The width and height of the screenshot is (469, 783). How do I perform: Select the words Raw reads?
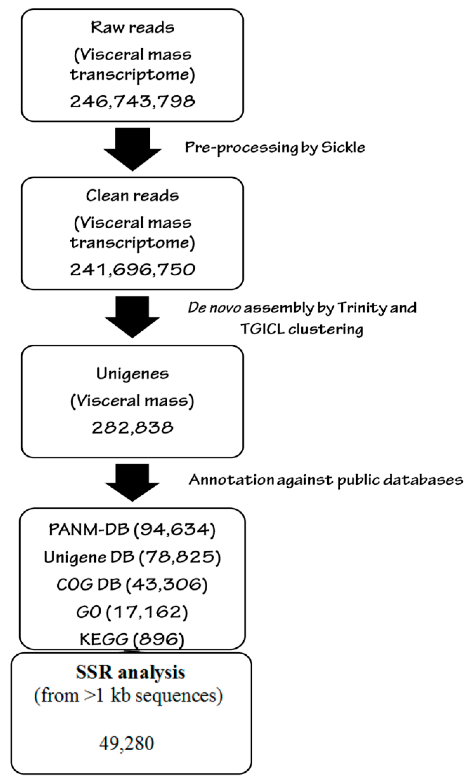tap(132, 28)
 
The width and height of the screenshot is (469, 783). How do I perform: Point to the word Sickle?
tap(343, 148)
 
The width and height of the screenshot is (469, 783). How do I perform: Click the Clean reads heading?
tap(132, 196)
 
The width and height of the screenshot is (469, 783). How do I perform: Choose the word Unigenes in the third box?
tap(132, 374)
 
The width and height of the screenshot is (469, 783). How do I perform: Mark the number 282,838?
tap(132, 428)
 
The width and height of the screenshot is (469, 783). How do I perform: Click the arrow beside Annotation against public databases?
tap(132, 482)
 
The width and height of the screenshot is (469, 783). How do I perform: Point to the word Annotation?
tap(231, 480)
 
